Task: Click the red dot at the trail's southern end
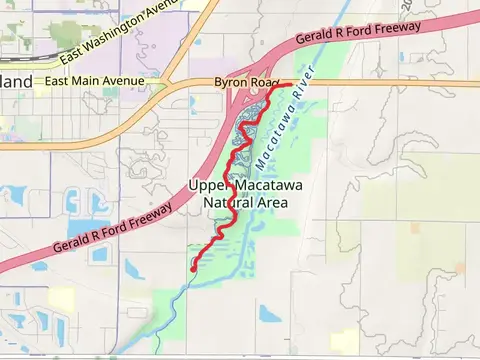193,268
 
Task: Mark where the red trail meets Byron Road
289,84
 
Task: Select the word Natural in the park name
226,203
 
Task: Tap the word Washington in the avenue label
129,28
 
